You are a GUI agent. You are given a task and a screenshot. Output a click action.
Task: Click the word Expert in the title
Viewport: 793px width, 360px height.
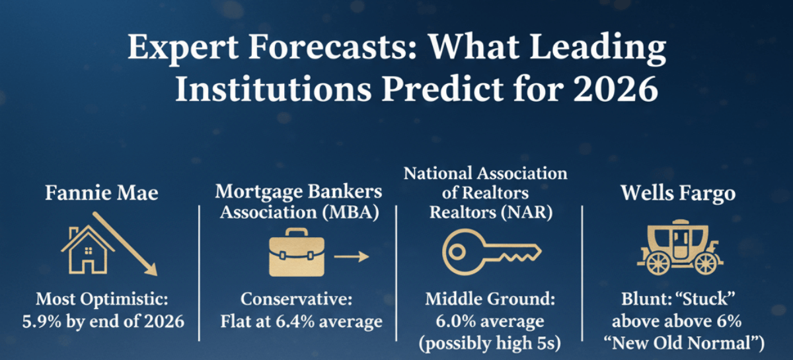183,48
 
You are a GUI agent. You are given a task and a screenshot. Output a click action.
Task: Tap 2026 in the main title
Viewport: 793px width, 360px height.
616,89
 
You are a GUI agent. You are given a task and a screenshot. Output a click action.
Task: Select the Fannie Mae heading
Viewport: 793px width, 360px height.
102,193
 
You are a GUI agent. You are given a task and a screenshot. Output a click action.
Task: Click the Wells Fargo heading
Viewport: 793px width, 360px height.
678,194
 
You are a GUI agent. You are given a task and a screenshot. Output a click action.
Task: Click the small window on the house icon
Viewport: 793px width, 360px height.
89,250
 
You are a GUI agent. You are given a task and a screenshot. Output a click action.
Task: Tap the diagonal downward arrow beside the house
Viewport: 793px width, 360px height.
125,244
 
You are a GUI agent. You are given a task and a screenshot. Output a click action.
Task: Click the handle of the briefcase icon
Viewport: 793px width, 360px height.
297,233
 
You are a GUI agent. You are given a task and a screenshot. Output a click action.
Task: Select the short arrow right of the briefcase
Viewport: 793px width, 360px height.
352,257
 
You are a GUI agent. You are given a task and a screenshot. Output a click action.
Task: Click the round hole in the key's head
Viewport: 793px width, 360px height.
457,252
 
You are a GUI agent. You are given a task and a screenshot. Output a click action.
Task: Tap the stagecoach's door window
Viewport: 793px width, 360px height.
681,238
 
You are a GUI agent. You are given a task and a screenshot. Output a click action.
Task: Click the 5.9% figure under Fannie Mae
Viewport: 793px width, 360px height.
42,322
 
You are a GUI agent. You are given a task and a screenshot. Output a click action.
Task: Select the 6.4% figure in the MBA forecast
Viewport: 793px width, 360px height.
295,322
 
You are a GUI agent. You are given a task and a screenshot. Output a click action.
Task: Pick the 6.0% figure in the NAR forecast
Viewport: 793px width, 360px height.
455,322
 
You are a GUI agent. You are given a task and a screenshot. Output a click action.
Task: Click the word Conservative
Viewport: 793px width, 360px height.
297,299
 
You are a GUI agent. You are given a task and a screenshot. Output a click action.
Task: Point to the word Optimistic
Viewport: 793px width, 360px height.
124,299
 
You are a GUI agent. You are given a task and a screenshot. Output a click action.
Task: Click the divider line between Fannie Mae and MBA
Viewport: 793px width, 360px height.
200,273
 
